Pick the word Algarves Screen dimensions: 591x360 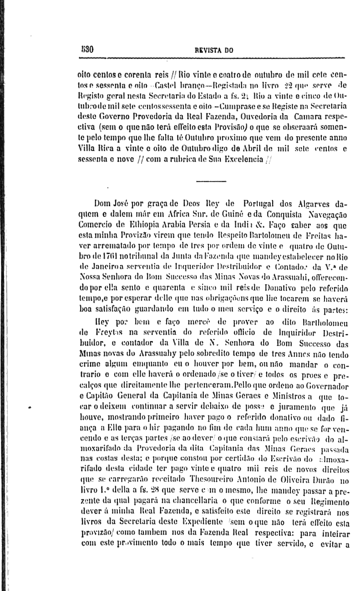click(311, 202)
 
